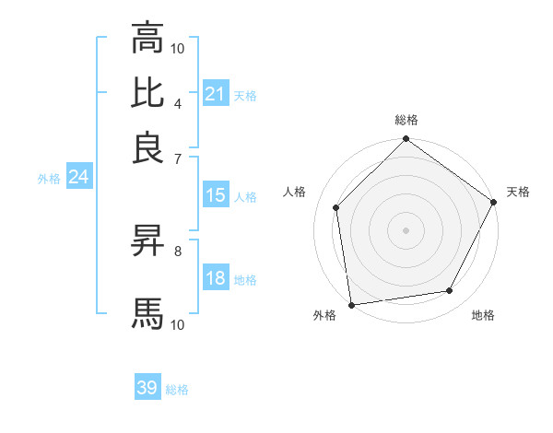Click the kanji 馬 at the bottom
pyautogui.click(x=147, y=313)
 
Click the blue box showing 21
pyautogui.click(x=215, y=94)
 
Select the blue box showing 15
pyautogui.click(x=215, y=195)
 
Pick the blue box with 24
pyautogui.click(x=78, y=177)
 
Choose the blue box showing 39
pyautogui.click(x=147, y=388)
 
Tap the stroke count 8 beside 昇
pyautogui.click(x=177, y=250)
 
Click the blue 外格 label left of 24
pyautogui.click(x=49, y=179)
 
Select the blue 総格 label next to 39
pyautogui.click(x=177, y=390)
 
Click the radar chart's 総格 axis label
pyautogui.click(x=406, y=121)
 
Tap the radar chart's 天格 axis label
pyautogui.click(x=519, y=192)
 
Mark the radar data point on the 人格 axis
pyautogui.click(x=336, y=207)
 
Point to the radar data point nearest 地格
pyautogui.click(x=450, y=291)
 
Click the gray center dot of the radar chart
pyautogui.click(x=406, y=229)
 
